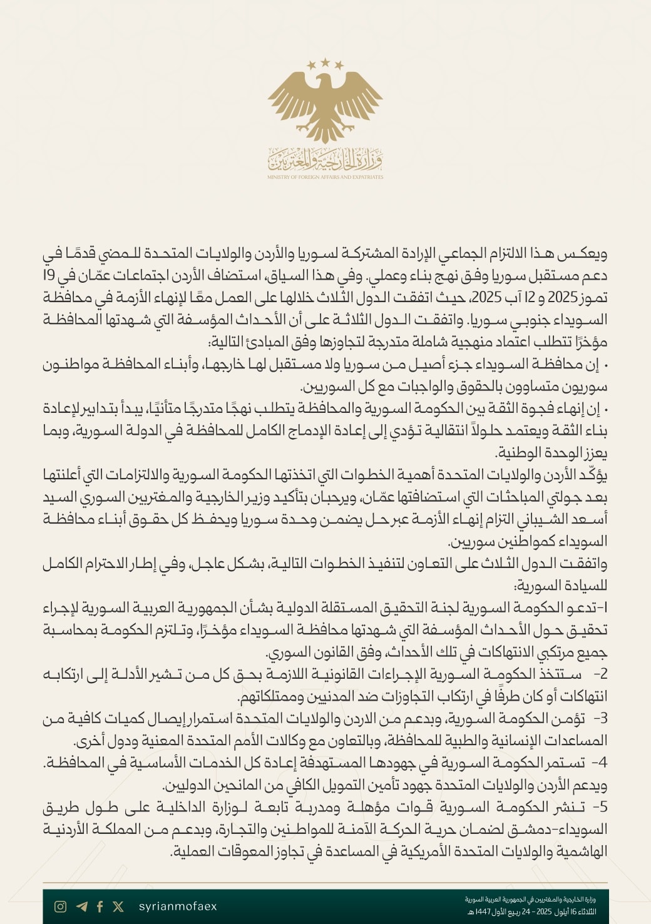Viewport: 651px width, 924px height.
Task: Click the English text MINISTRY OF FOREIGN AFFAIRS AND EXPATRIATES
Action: (x=325, y=177)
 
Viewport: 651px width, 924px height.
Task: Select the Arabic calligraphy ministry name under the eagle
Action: (x=325, y=161)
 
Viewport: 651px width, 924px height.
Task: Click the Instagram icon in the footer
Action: (x=61, y=906)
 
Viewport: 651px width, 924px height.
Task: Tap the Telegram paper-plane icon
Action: (x=81, y=906)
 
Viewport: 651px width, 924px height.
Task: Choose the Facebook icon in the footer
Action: (x=100, y=906)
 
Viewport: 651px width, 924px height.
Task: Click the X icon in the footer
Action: (x=118, y=906)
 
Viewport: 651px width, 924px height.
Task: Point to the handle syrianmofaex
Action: (x=178, y=906)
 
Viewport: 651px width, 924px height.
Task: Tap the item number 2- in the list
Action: (x=600, y=674)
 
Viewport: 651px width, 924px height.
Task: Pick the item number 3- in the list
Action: (x=599, y=718)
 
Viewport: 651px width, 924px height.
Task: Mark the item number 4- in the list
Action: (x=599, y=763)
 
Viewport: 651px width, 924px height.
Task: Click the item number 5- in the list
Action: (x=600, y=807)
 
